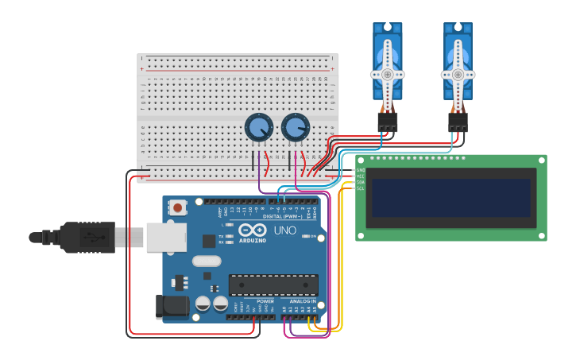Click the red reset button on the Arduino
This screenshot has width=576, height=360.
pos(178,207)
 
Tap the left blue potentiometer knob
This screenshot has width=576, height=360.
pos(258,127)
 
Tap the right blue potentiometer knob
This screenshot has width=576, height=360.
pos(295,127)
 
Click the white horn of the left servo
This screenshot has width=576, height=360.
pos(388,73)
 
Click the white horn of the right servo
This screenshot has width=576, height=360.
pos(458,73)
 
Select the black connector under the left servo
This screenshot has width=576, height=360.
pos(388,121)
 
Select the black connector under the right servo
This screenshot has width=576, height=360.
pos(458,121)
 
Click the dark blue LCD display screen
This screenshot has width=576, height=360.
pos(451,198)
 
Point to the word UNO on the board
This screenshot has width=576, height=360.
pos(284,230)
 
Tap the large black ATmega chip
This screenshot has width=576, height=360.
pos(273,285)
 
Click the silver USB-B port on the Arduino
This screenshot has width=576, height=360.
pos(166,237)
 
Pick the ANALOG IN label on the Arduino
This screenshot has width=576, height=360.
pos(303,302)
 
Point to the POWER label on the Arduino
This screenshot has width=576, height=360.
pos(265,302)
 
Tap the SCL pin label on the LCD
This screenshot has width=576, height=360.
pos(361,188)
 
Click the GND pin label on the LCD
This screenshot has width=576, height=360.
pos(361,170)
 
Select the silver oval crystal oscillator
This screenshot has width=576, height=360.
pos(206,261)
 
